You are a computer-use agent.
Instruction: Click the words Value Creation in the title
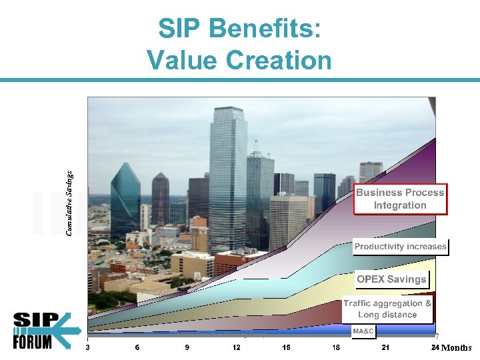coord(239,61)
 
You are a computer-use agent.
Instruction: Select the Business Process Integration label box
coord(400,199)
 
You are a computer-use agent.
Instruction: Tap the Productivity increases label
coord(400,247)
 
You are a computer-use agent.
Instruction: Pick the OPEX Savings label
coord(391,279)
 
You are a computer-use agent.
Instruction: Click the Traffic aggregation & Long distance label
coord(387,309)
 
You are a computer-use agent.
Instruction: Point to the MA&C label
coord(363,331)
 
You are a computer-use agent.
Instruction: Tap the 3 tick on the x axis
coord(88,347)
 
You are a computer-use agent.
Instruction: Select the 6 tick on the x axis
coord(137,347)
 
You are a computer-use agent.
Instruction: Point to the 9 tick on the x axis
coord(187,347)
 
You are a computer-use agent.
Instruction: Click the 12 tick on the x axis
coord(237,347)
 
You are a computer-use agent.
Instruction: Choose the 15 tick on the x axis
coord(286,347)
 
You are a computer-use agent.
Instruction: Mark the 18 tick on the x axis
coord(336,347)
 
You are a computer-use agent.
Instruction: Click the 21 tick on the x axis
coord(385,347)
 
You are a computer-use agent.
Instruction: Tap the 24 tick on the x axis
coord(435,347)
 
